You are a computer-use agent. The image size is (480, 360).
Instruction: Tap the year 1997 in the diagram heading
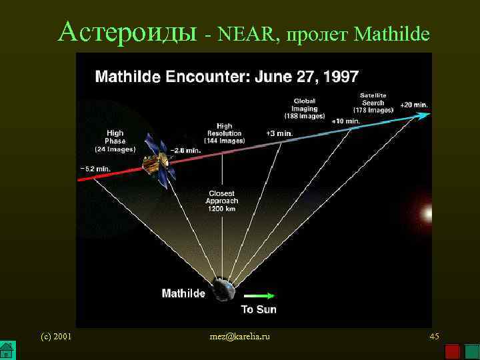click(338, 76)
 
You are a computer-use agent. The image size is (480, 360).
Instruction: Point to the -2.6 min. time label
click(186, 151)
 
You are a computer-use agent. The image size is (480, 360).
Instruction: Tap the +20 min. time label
click(413, 105)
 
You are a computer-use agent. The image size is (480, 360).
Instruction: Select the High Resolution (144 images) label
click(224, 133)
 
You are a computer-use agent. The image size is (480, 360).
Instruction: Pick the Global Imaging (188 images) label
click(304, 109)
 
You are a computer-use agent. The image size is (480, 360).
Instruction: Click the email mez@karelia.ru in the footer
click(240, 337)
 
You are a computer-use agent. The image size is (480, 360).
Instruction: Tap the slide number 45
click(434, 337)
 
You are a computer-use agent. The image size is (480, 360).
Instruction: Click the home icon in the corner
click(7, 351)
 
